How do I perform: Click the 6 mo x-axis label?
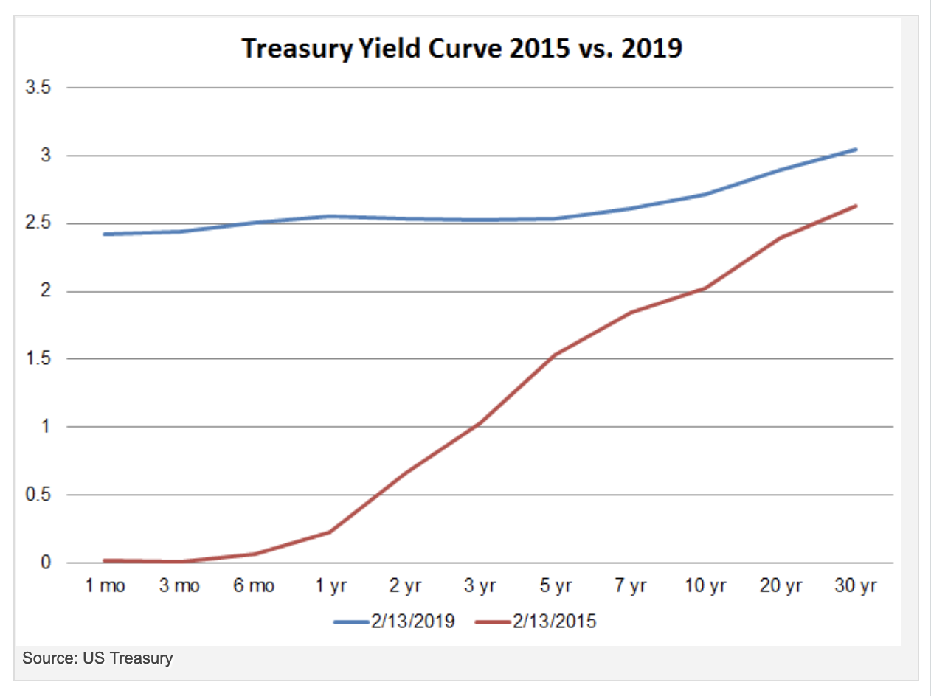click(x=254, y=586)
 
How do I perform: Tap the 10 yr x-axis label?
click(x=705, y=586)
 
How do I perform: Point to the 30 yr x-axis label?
click(x=856, y=586)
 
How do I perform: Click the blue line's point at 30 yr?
click(x=856, y=150)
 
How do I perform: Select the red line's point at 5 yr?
click(x=555, y=355)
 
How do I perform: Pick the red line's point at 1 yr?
click(x=329, y=532)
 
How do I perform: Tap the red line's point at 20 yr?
click(x=781, y=238)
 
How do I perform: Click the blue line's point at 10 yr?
click(x=705, y=195)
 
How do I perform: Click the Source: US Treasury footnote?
click(x=97, y=657)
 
